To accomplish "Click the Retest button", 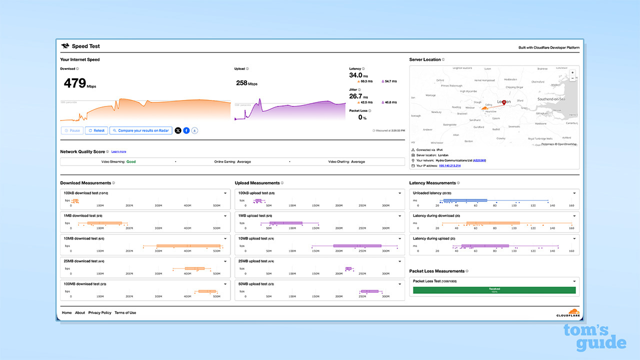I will tap(96, 130).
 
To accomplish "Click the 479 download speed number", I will tap(75, 83).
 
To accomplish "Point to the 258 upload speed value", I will tap(242, 82).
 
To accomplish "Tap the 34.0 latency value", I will tap(355, 75).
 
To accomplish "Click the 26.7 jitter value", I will tap(355, 96).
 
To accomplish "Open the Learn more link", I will tap(118, 151).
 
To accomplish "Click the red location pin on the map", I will tap(504, 102).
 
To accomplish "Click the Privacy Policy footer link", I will tap(99, 312).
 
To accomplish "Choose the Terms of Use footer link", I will tap(125, 312).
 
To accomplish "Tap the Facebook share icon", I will tap(186, 130).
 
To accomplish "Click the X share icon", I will tap(178, 130).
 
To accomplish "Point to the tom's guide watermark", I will tap(594, 337).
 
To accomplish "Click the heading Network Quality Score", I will tap(82, 151).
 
